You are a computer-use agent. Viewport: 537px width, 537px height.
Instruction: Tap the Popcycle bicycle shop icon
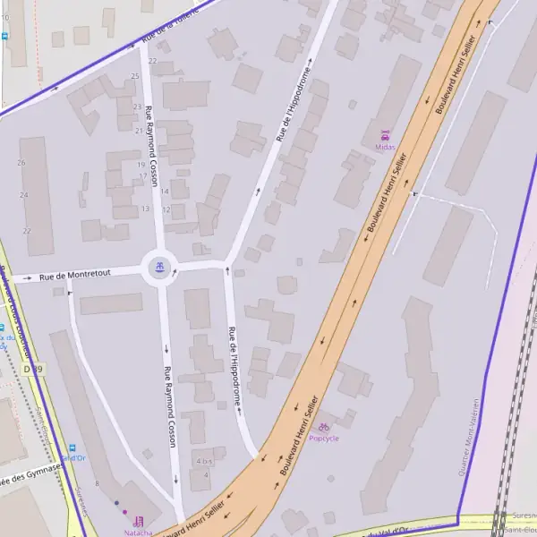[324, 428]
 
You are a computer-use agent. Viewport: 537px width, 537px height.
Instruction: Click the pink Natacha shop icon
[138, 521]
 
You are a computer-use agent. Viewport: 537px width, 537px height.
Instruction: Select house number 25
[135, 76]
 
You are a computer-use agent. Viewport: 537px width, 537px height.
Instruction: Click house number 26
[21, 163]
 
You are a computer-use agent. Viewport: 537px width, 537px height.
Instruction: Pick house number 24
[24, 194]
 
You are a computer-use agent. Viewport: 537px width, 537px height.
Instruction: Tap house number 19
[141, 165]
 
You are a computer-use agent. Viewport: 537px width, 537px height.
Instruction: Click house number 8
[97, 483]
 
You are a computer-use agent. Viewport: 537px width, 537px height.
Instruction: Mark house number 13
[145, 209]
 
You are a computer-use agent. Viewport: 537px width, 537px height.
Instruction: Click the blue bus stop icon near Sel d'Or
[72, 448]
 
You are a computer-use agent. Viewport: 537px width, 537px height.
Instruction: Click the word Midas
[385, 148]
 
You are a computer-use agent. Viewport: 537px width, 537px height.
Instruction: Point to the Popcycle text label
[324, 439]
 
